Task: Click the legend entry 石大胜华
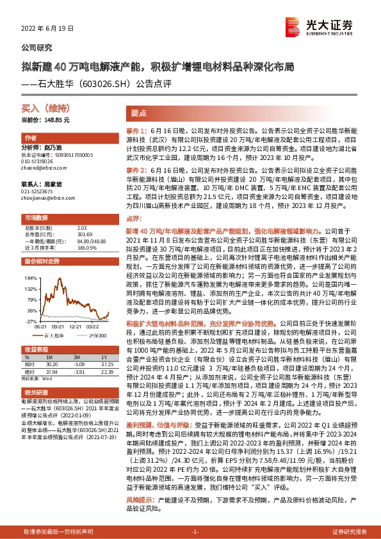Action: [54, 335]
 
